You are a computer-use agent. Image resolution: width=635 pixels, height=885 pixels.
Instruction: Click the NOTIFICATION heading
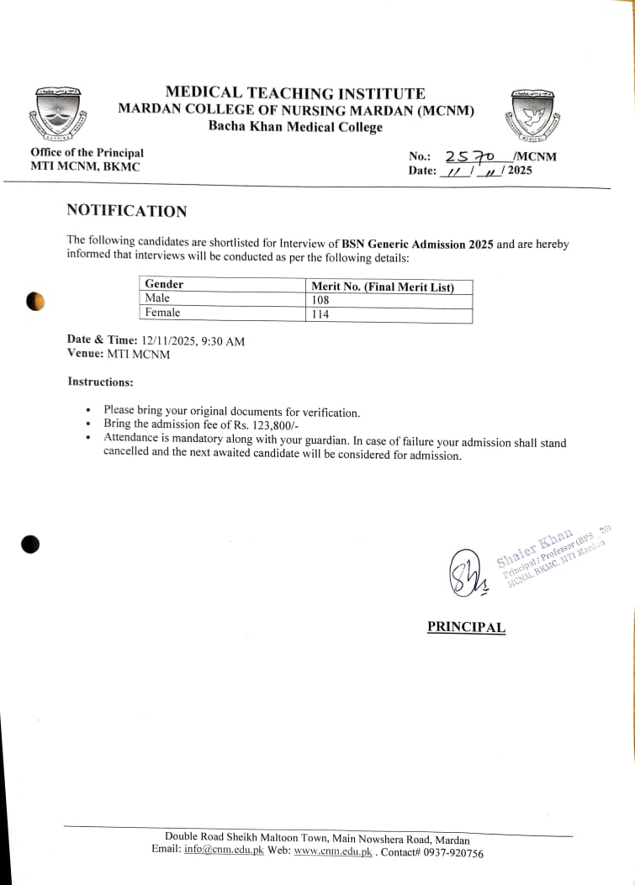(127, 211)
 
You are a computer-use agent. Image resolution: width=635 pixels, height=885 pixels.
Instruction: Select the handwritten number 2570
(474, 156)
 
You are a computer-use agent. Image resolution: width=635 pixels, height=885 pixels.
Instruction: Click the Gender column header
(164, 285)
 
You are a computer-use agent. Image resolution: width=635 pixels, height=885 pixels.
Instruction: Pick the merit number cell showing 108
(320, 300)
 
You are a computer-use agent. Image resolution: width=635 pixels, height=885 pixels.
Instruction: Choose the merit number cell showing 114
(320, 314)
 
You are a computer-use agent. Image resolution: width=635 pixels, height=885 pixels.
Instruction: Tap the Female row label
(162, 313)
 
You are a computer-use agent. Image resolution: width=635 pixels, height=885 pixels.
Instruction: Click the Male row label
(157, 298)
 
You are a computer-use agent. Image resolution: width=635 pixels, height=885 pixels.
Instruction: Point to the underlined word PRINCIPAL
(466, 627)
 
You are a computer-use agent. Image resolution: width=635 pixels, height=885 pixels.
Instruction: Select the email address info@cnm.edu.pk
(224, 850)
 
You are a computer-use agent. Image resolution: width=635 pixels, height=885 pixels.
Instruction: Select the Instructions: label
(100, 382)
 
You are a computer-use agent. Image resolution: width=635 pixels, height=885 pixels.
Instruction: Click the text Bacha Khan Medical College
(295, 127)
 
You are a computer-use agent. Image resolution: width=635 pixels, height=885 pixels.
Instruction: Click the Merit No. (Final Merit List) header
(383, 287)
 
